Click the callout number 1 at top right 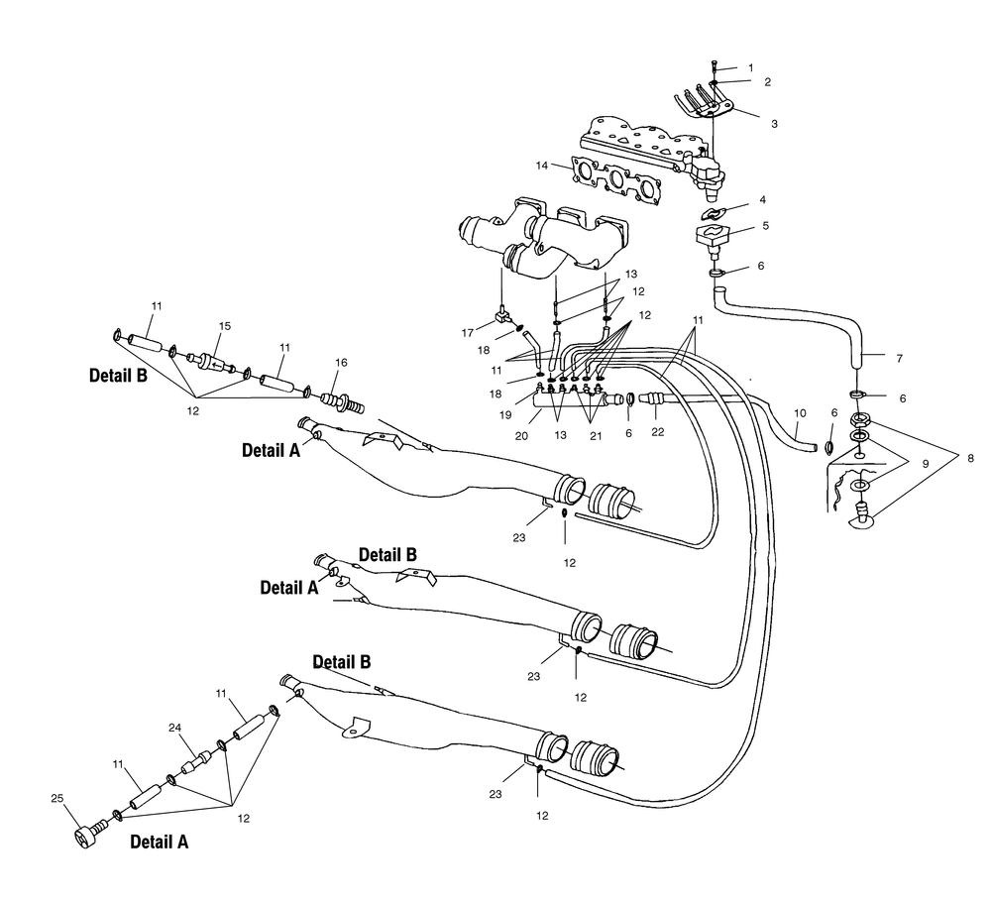click(x=751, y=67)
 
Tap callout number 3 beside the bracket click(x=774, y=124)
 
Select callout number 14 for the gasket click(x=542, y=166)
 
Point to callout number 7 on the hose click(x=900, y=359)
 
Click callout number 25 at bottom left click(x=56, y=799)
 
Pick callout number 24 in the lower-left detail click(x=175, y=728)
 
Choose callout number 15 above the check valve click(x=225, y=326)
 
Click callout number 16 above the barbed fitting click(x=341, y=363)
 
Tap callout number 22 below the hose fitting click(x=658, y=432)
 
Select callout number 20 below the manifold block click(x=521, y=436)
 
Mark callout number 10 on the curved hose click(x=800, y=413)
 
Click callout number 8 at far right click(x=971, y=459)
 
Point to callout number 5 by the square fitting click(x=765, y=226)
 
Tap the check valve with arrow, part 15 click(x=212, y=365)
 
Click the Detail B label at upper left click(x=118, y=375)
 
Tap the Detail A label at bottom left click(x=160, y=842)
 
